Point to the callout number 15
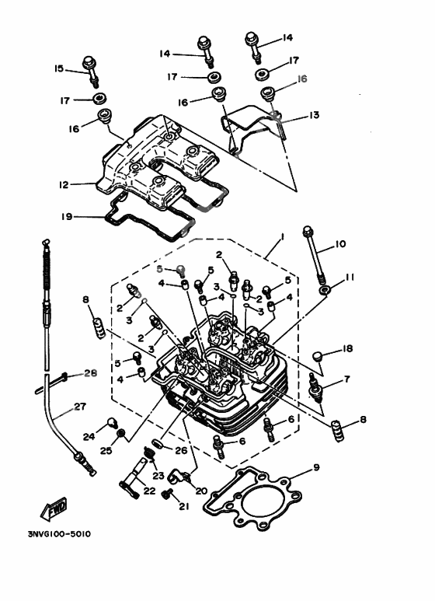tap(58, 68)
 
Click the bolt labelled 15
tap(92, 71)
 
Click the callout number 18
tap(347, 349)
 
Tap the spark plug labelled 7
tap(315, 386)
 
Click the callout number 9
tap(316, 467)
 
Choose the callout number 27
tap(79, 406)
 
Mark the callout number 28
tap(90, 374)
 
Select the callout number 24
tap(89, 437)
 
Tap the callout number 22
tap(149, 491)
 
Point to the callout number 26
tap(181, 450)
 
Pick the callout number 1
tap(284, 235)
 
